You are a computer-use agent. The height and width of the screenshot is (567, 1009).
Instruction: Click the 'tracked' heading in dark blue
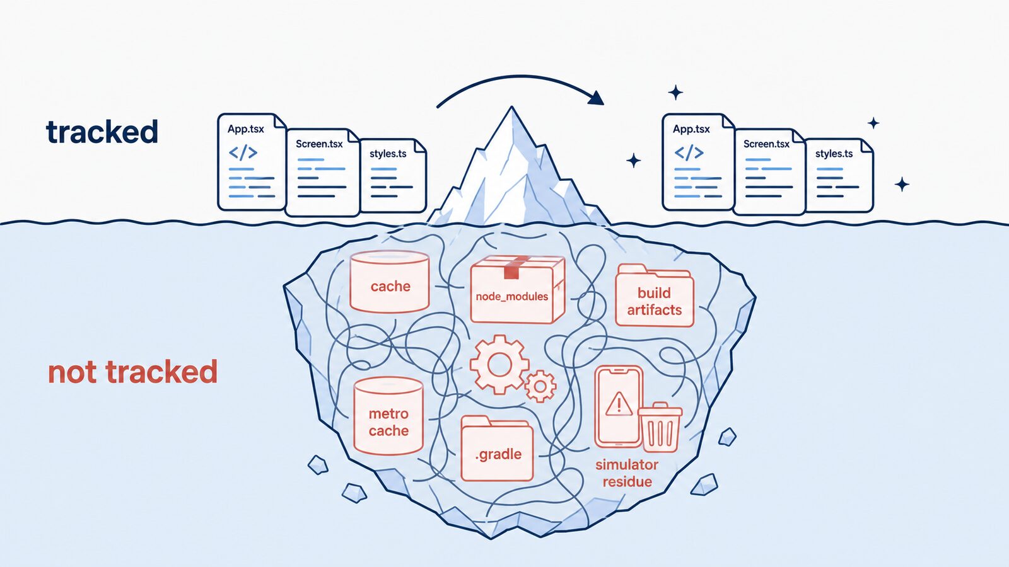click(102, 132)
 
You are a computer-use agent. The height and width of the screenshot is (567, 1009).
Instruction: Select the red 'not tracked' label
click(132, 372)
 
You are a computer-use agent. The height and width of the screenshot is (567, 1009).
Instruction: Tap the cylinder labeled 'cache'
click(390, 282)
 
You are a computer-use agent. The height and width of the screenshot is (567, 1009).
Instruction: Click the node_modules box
click(518, 289)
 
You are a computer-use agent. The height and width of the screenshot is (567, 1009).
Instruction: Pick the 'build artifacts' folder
click(655, 295)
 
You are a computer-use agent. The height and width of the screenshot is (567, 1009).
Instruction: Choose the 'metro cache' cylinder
click(388, 416)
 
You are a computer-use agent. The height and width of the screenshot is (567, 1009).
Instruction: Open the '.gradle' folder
click(498, 449)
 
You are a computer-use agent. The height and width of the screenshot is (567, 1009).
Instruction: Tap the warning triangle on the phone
click(619, 404)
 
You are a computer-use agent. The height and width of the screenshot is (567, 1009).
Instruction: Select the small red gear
click(540, 386)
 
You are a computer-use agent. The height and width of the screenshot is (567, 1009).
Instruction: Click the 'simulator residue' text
click(627, 473)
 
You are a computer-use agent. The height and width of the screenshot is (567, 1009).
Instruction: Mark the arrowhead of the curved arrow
click(596, 98)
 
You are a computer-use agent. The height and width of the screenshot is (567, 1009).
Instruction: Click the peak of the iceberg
click(511, 107)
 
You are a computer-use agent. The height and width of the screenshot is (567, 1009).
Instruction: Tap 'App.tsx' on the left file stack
click(245, 129)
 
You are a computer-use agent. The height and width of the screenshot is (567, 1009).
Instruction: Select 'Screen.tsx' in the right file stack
click(766, 144)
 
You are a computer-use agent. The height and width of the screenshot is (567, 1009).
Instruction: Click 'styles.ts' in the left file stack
click(388, 154)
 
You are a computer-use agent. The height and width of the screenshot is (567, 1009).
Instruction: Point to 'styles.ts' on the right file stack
click(834, 154)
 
